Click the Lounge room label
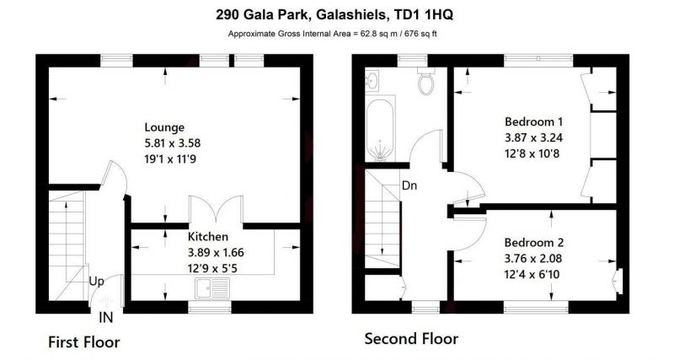164,127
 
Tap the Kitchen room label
208,237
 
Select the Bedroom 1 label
533,121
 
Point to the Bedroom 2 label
534,243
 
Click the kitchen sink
213,287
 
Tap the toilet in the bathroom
426,81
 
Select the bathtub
381,129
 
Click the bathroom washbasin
372,79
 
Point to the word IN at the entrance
106,318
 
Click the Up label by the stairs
96,282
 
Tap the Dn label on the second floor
409,185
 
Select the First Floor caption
83,342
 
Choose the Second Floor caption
411,338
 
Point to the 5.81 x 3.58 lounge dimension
173,142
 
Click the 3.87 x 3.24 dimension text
533,137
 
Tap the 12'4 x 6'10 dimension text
532,274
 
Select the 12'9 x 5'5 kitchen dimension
212,269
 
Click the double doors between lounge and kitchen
217,210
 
